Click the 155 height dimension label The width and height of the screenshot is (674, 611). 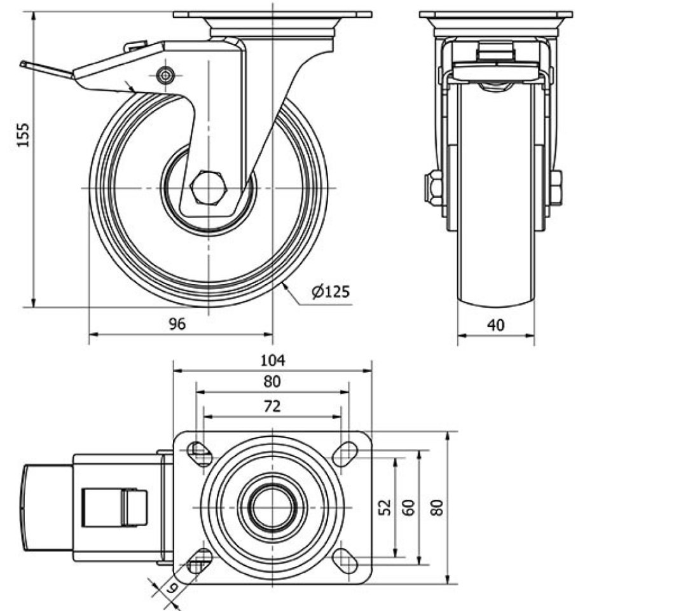(x=24, y=135)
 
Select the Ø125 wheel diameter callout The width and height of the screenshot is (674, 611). (x=331, y=292)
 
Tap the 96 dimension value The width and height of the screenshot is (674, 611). (x=177, y=324)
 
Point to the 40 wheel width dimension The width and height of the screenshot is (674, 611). (x=496, y=325)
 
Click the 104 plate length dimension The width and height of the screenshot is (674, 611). (x=272, y=360)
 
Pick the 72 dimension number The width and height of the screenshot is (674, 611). (x=272, y=407)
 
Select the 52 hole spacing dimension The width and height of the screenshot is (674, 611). (x=383, y=507)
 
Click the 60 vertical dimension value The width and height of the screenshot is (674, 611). (x=409, y=507)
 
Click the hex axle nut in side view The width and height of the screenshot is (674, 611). (x=207, y=188)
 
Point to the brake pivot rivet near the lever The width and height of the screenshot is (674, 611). (x=167, y=75)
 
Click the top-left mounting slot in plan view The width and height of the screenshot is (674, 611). (x=201, y=453)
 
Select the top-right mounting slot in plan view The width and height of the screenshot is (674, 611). (x=345, y=453)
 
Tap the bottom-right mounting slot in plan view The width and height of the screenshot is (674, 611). (x=345, y=560)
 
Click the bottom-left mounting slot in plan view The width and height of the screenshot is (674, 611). (x=201, y=560)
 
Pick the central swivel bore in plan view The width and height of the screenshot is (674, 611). (x=272, y=507)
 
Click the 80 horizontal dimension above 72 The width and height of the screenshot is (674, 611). (x=272, y=382)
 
